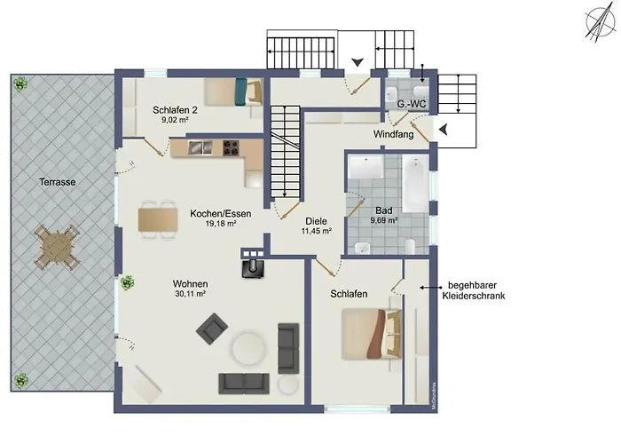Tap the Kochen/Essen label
pyautogui.click(x=220, y=213)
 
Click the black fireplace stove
pyautogui.click(x=253, y=265)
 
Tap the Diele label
pyautogui.click(x=316, y=221)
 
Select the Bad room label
pyautogui.click(x=384, y=210)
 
